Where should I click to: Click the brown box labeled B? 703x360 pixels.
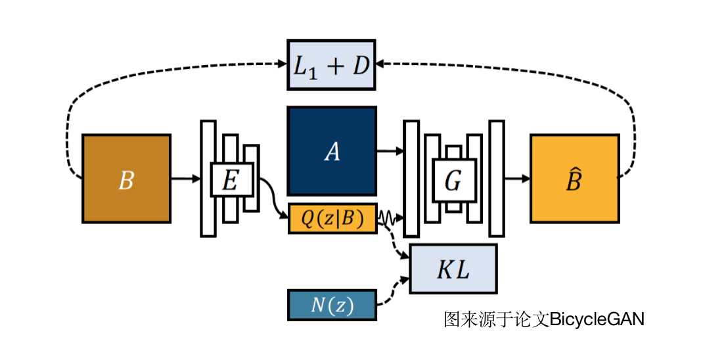[x=126, y=179]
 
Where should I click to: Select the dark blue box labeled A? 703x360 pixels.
[x=332, y=151]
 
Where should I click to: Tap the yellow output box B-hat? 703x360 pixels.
[x=574, y=178]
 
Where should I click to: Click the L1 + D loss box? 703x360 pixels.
[x=331, y=64]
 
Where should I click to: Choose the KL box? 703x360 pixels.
[x=453, y=269]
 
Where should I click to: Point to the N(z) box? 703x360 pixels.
[x=332, y=305]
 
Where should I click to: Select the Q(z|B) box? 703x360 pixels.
[x=332, y=219]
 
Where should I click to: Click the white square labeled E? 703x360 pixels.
[x=231, y=179]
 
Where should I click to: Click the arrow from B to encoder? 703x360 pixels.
[x=185, y=178]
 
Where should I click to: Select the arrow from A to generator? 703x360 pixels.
[x=389, y=151]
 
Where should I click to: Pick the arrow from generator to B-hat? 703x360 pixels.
[x=517, y=178]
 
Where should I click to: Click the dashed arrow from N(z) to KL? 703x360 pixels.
[x=393, y=292]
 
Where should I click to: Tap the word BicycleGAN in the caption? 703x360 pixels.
[x=597, y=319]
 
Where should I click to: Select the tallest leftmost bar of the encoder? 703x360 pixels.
[x=208, y=178]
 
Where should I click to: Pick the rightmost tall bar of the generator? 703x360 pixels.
[x=497, y=178]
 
